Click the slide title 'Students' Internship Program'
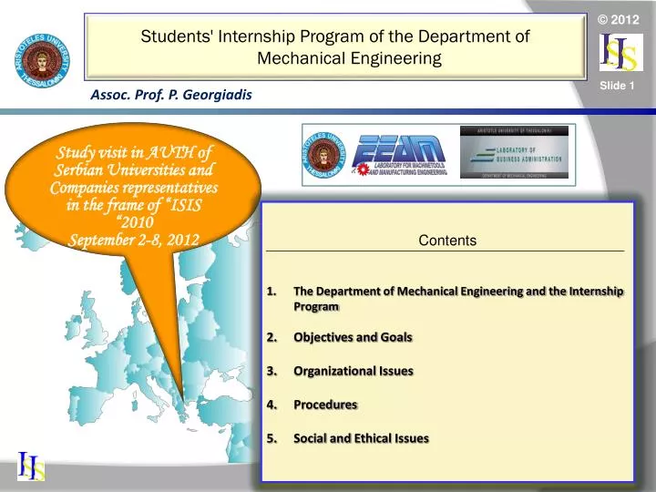click(335, 37)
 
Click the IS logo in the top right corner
click(619, 54)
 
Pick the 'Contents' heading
click(447, 241)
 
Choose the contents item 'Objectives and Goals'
click(353, 337)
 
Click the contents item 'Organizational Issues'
click(353, 371)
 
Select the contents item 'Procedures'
click(325, 405)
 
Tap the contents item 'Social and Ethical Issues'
click(361, 438)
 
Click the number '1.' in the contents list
click(272, 292)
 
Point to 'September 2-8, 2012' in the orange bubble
click(134, 240)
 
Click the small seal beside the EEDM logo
click(325, 154)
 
